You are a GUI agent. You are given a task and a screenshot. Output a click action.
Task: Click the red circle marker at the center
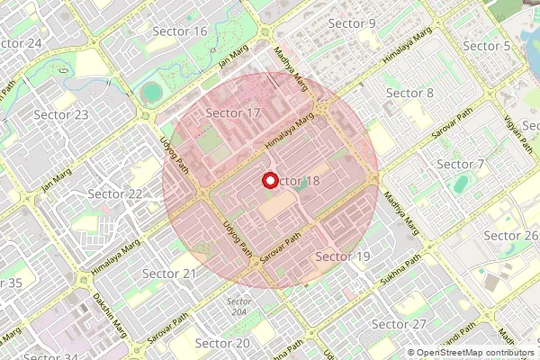[269, 180]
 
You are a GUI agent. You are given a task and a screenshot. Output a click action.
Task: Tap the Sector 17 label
[233, 113]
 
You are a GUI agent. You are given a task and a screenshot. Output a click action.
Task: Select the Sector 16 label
[180, 31]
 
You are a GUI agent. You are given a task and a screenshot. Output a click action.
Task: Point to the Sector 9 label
[353, 22]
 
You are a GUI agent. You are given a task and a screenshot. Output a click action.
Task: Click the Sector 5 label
[487, 46]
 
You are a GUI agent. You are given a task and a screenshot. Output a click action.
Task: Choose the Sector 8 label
[409, 94]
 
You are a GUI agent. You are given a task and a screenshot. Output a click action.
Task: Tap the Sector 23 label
[61, 114]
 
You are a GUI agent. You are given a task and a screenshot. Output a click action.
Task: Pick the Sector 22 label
[115, 193]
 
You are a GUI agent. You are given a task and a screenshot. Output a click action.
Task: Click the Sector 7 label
[460, 165]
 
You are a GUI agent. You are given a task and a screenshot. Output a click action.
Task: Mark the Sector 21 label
[169, 274]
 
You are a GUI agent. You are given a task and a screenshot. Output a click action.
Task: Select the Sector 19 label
[343, 257]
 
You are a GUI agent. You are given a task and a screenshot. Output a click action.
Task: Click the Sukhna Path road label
[400, 270]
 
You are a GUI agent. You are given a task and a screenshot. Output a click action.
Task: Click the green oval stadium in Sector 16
[151, 91]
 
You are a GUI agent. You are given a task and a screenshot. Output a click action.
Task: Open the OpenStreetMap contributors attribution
[475, 353]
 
